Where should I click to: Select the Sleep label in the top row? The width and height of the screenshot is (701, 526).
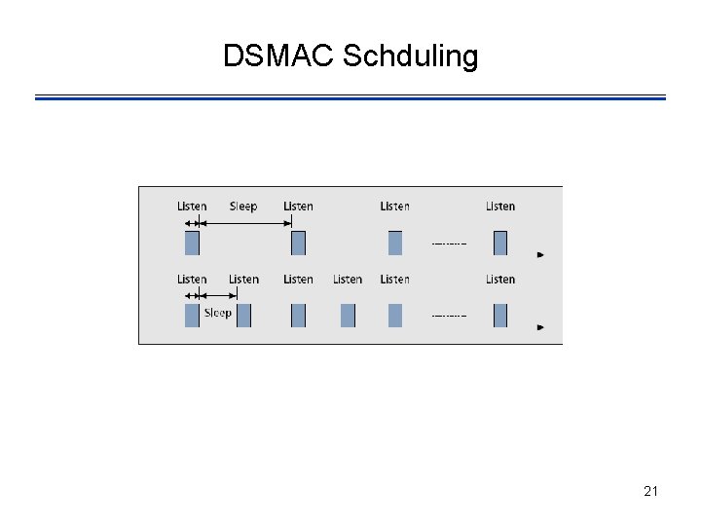pyautogui.click(x=243, y=207)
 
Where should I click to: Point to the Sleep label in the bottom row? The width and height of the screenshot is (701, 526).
pyautogui.click(x=217, y=313)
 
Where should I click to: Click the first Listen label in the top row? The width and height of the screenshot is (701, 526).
pyautogui.click(x=192, y=207)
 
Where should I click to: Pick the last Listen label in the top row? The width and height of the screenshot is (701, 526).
pyautogui.click(x=500, y=207)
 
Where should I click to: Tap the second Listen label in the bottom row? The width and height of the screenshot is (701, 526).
pyautogui.click(x=243, y=280)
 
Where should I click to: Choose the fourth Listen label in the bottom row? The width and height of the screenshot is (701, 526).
pyautogui.click(x=348, y=280)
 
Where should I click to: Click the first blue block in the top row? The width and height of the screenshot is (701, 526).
pyautogui.click(x=192, y=243)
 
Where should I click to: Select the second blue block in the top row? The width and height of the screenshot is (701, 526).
pyautogui.click(x=298, y=243)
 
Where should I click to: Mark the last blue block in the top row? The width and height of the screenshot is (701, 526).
pyautogui.click(x=500, y=243)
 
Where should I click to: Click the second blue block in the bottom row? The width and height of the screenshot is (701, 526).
pyautogui.click(x=243, y=316)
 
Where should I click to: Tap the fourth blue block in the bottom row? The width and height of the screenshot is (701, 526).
pyautogui.click(x=348, y=316)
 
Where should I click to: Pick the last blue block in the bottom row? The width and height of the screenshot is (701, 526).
pyautogui.click(x=500, y=316)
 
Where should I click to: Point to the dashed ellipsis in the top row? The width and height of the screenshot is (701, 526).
pyautogui.click(x=449, y=244)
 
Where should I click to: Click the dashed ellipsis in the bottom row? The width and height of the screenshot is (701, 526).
pyautogui.click(x=449, y=316)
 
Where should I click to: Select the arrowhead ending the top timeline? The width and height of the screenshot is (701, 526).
pyautogui.click(x=540, y=255)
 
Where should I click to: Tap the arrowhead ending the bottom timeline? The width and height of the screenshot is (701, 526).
pyautogui.click(x=540, y=327)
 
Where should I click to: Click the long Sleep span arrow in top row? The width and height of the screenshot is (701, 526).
pyautogui.click(x=244, y=223)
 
